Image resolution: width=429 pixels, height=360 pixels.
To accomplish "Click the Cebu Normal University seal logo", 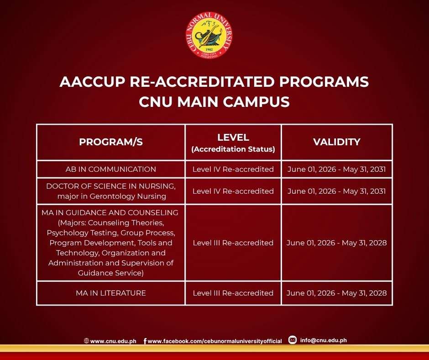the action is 209,35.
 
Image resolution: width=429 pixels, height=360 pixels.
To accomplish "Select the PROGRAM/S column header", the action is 111,142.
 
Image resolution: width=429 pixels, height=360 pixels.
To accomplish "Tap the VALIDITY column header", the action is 336,142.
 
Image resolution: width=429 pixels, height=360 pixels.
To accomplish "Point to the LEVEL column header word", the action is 233,138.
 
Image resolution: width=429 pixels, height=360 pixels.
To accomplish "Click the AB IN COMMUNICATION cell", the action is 111,169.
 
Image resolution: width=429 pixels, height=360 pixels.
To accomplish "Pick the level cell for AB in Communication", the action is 233,169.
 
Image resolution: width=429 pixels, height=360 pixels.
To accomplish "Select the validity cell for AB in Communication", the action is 336,169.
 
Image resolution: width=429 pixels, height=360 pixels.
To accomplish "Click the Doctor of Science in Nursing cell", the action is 111,191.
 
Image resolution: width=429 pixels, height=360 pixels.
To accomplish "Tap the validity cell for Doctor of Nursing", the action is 336,191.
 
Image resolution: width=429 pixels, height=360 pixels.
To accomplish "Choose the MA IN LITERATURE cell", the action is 111,293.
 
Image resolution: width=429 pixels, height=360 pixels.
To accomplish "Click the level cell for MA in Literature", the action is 233,293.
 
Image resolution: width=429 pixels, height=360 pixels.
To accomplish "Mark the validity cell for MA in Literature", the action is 336,293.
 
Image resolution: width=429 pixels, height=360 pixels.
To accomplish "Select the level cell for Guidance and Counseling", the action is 233,243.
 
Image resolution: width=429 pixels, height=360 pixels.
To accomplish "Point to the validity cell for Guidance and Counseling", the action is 336,243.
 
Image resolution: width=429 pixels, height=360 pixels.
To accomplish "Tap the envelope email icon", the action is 293,340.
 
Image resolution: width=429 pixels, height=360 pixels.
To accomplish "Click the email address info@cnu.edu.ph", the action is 324,340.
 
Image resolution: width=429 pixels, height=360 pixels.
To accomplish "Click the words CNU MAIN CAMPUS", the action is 214,101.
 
